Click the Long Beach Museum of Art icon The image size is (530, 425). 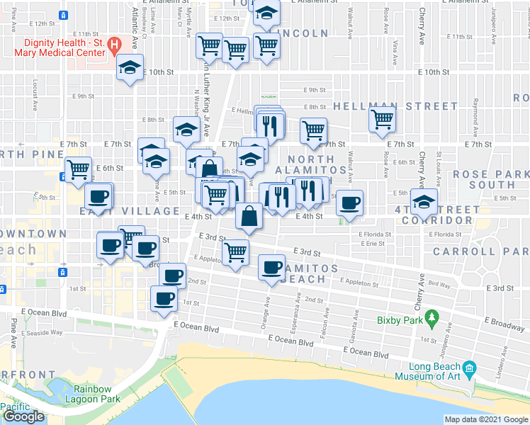click(x=468, y=368)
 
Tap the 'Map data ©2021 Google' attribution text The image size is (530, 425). click(x=486, y=419)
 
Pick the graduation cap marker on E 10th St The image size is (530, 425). click(x=130, y=67)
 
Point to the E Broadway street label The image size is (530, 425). click(x=507, y=325)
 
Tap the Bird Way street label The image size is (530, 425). click(x=439, y=285)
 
